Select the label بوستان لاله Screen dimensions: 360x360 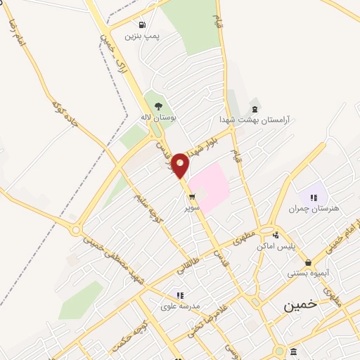pos(156,117)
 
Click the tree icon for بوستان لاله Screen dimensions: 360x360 pos(157,106)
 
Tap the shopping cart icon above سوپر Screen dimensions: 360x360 pos(192,197)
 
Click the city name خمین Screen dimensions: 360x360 pos(300,307)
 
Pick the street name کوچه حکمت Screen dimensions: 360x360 pos(131,331)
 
